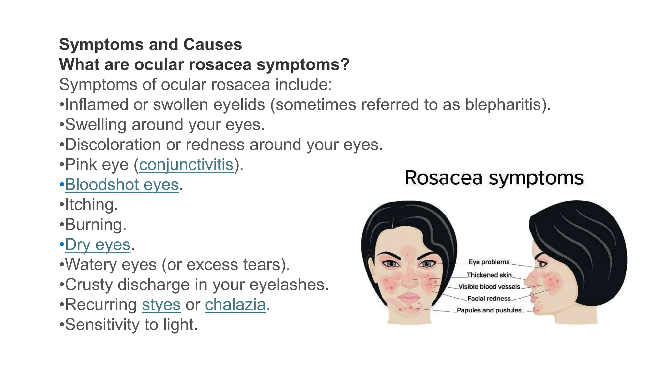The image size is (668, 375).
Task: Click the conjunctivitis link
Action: pyautogui.click(x=186, y=165)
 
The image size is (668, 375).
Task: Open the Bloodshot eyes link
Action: pyautogui.click(x=122, y=185)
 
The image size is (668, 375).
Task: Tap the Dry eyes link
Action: pyautogui.click(x=98, y=245)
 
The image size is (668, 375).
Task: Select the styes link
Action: pyautogui.click(x=161, y=305)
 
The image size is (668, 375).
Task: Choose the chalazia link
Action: pyautogui.click(x=235, y=305)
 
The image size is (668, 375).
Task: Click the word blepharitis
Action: pyautogui.click(x=505, y=105)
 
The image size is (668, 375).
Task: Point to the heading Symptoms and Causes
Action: pyautogui.click(x=150, y=45)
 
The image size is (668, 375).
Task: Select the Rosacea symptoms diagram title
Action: pyautogui.click(x=494, y=178)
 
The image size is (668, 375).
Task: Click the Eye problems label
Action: pyautogui.click(x=489, y=262)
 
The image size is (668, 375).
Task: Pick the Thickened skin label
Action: pyautogui.click(x=489, y=275)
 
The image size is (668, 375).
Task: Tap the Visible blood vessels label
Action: pyautogui.click(x=489, y=287)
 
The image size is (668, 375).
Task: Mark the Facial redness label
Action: pyautogui.click(x=489, y=299)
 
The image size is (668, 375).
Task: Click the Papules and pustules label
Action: pyautogui.click(x=489, y=310)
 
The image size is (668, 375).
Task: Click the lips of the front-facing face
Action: pyautogui.click(x=409, y=298)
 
